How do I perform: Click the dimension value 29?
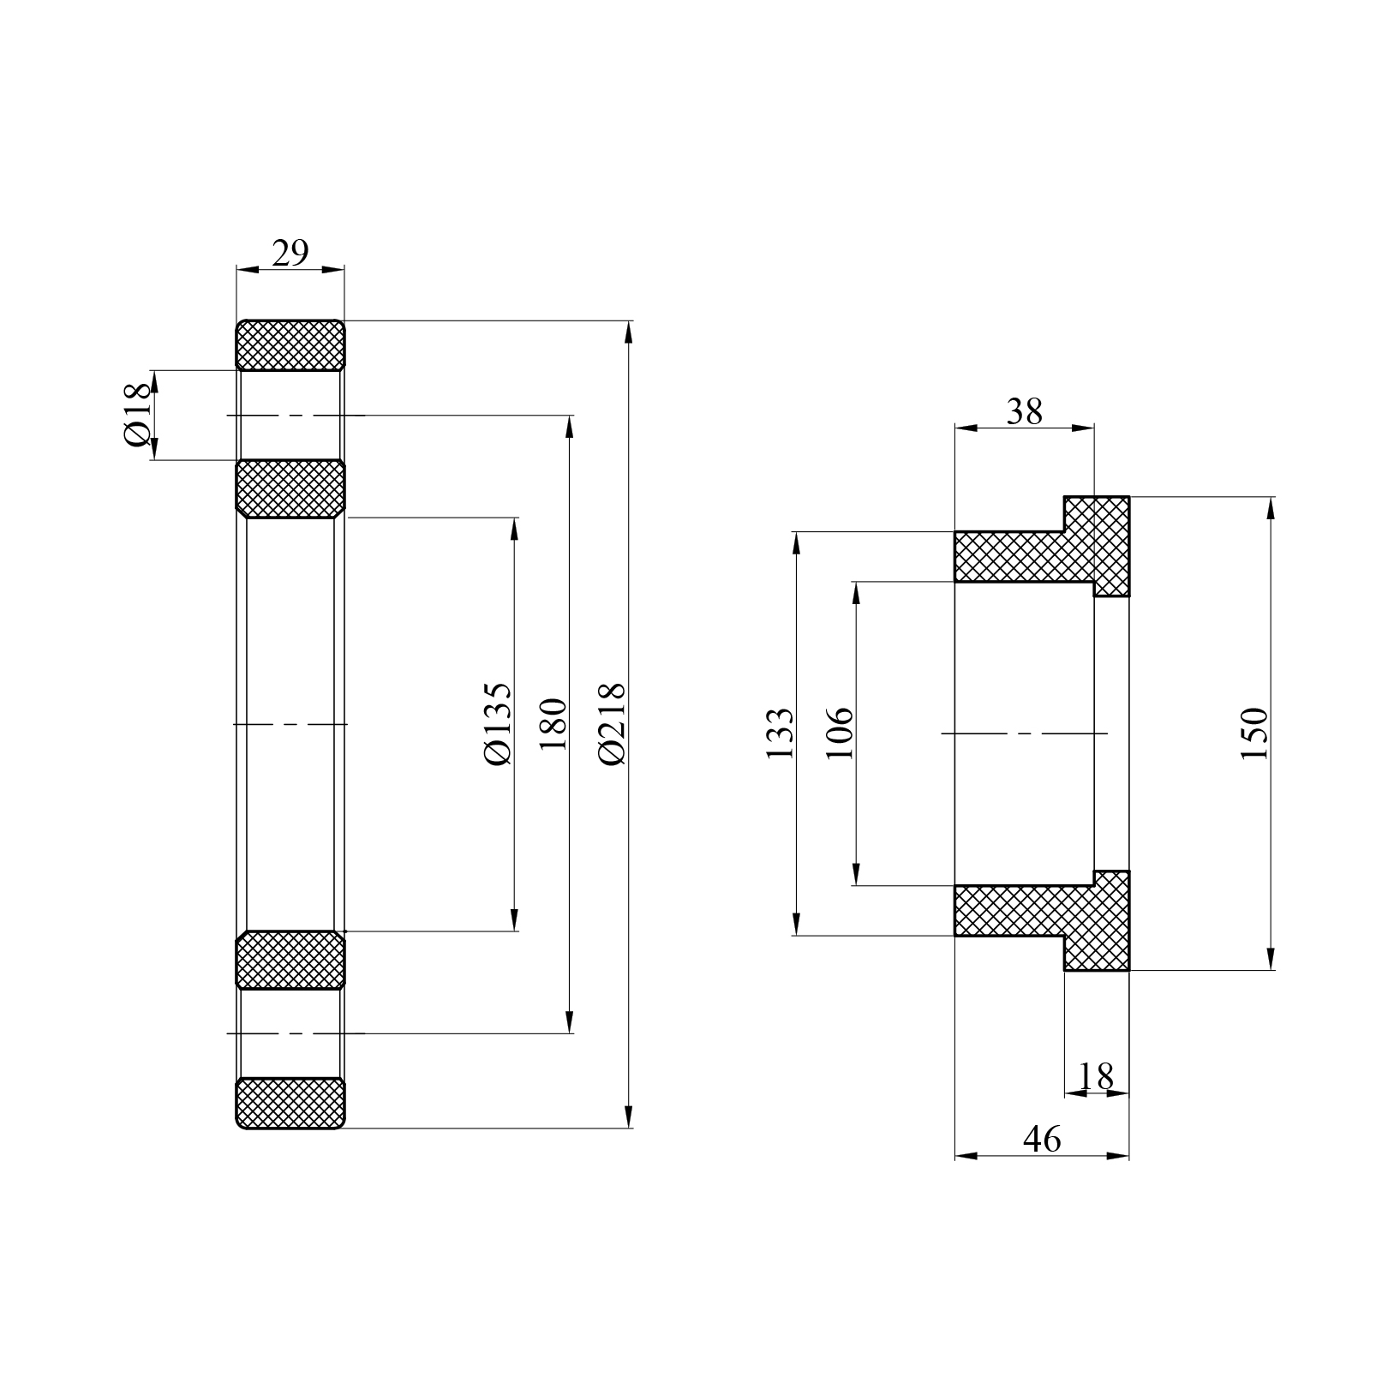pyautogui.click(x=290, y=254)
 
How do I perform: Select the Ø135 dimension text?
pyautogui.click(x=497, y=724)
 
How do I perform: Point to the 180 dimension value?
pyautogui.click(x=553, y=724)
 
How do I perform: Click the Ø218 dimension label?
pyautogui.click(x=613, y=724)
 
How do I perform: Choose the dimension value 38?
pyautogui.click(x=1025, y=412)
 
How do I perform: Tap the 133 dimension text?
pyautogui.click(x=780, y=733)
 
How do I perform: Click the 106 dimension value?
pyautogui.click(x=840, y=733)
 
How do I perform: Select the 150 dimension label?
pyautogui.click(x=1253, y=733)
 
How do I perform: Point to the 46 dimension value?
pyautogui.click(x=1042, y=1139)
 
